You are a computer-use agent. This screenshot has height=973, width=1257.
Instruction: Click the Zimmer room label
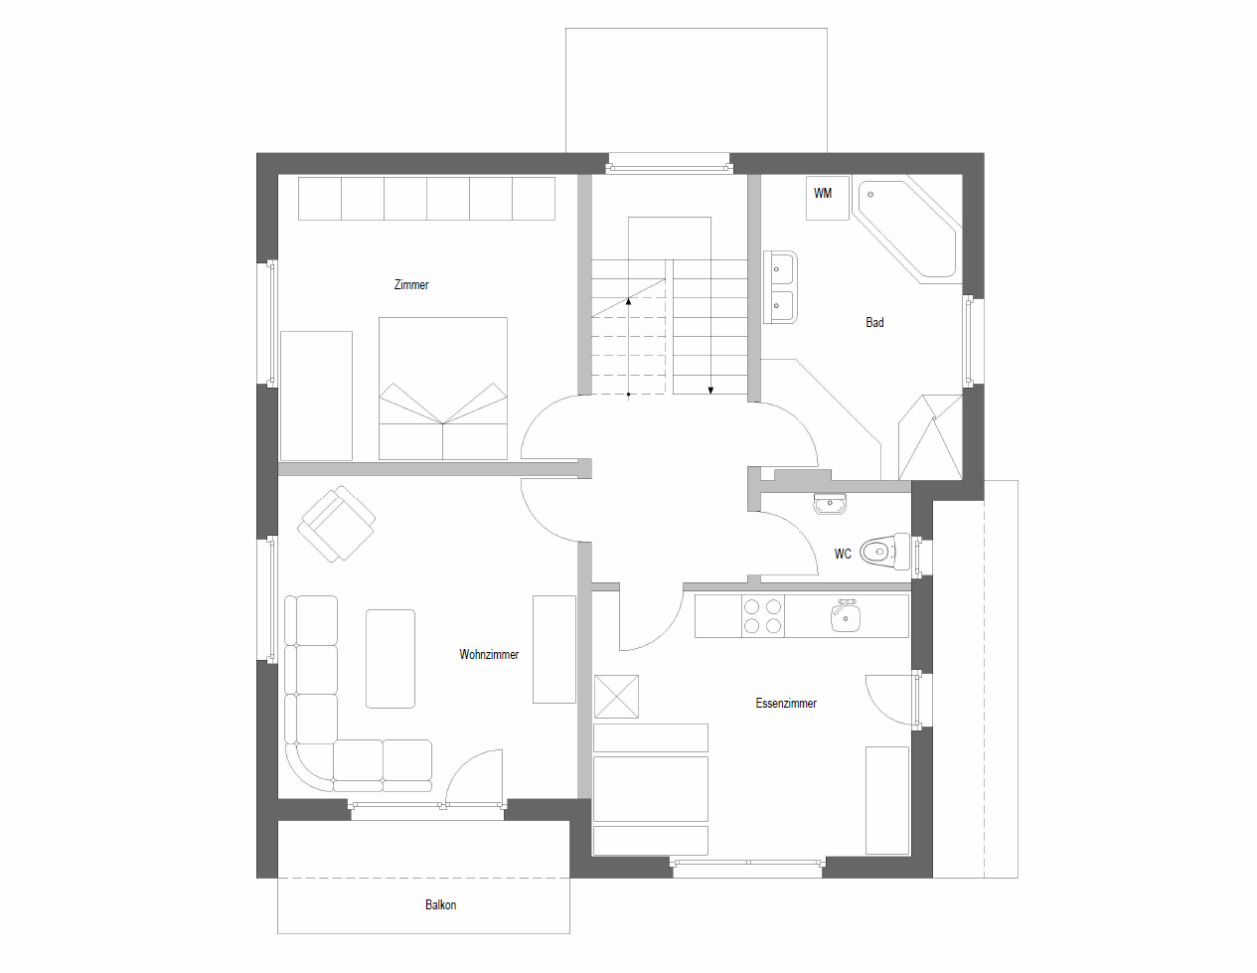click(411, 285)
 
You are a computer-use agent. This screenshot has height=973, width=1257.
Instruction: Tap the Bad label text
click(874, 323)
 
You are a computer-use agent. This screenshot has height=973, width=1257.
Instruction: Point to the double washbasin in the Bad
click(780, 287)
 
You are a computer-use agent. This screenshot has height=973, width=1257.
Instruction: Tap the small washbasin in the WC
click(830, 505)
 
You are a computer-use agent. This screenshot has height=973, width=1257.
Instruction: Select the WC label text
click(843, 555)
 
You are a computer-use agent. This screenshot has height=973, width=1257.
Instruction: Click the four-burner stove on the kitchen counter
click(762, 616)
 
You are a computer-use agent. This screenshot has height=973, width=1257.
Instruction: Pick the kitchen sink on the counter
click(846, 617)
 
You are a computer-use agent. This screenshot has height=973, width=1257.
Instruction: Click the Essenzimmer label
click(786, 704)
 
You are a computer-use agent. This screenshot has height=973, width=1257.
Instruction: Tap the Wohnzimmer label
click(489, 655)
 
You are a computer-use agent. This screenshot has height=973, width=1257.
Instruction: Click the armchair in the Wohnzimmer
click(337, 524)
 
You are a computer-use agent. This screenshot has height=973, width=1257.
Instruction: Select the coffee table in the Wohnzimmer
click(391, 658)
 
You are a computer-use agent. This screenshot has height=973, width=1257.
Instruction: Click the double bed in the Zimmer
click(443, 389)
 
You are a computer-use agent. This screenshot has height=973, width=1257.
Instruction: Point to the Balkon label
click(441, 905)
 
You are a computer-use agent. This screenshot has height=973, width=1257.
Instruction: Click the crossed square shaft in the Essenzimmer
click(616, 697)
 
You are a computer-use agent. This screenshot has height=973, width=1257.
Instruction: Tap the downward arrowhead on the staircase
click(710, 391)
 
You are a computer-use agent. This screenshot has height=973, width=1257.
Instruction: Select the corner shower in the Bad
click(931, 438)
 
